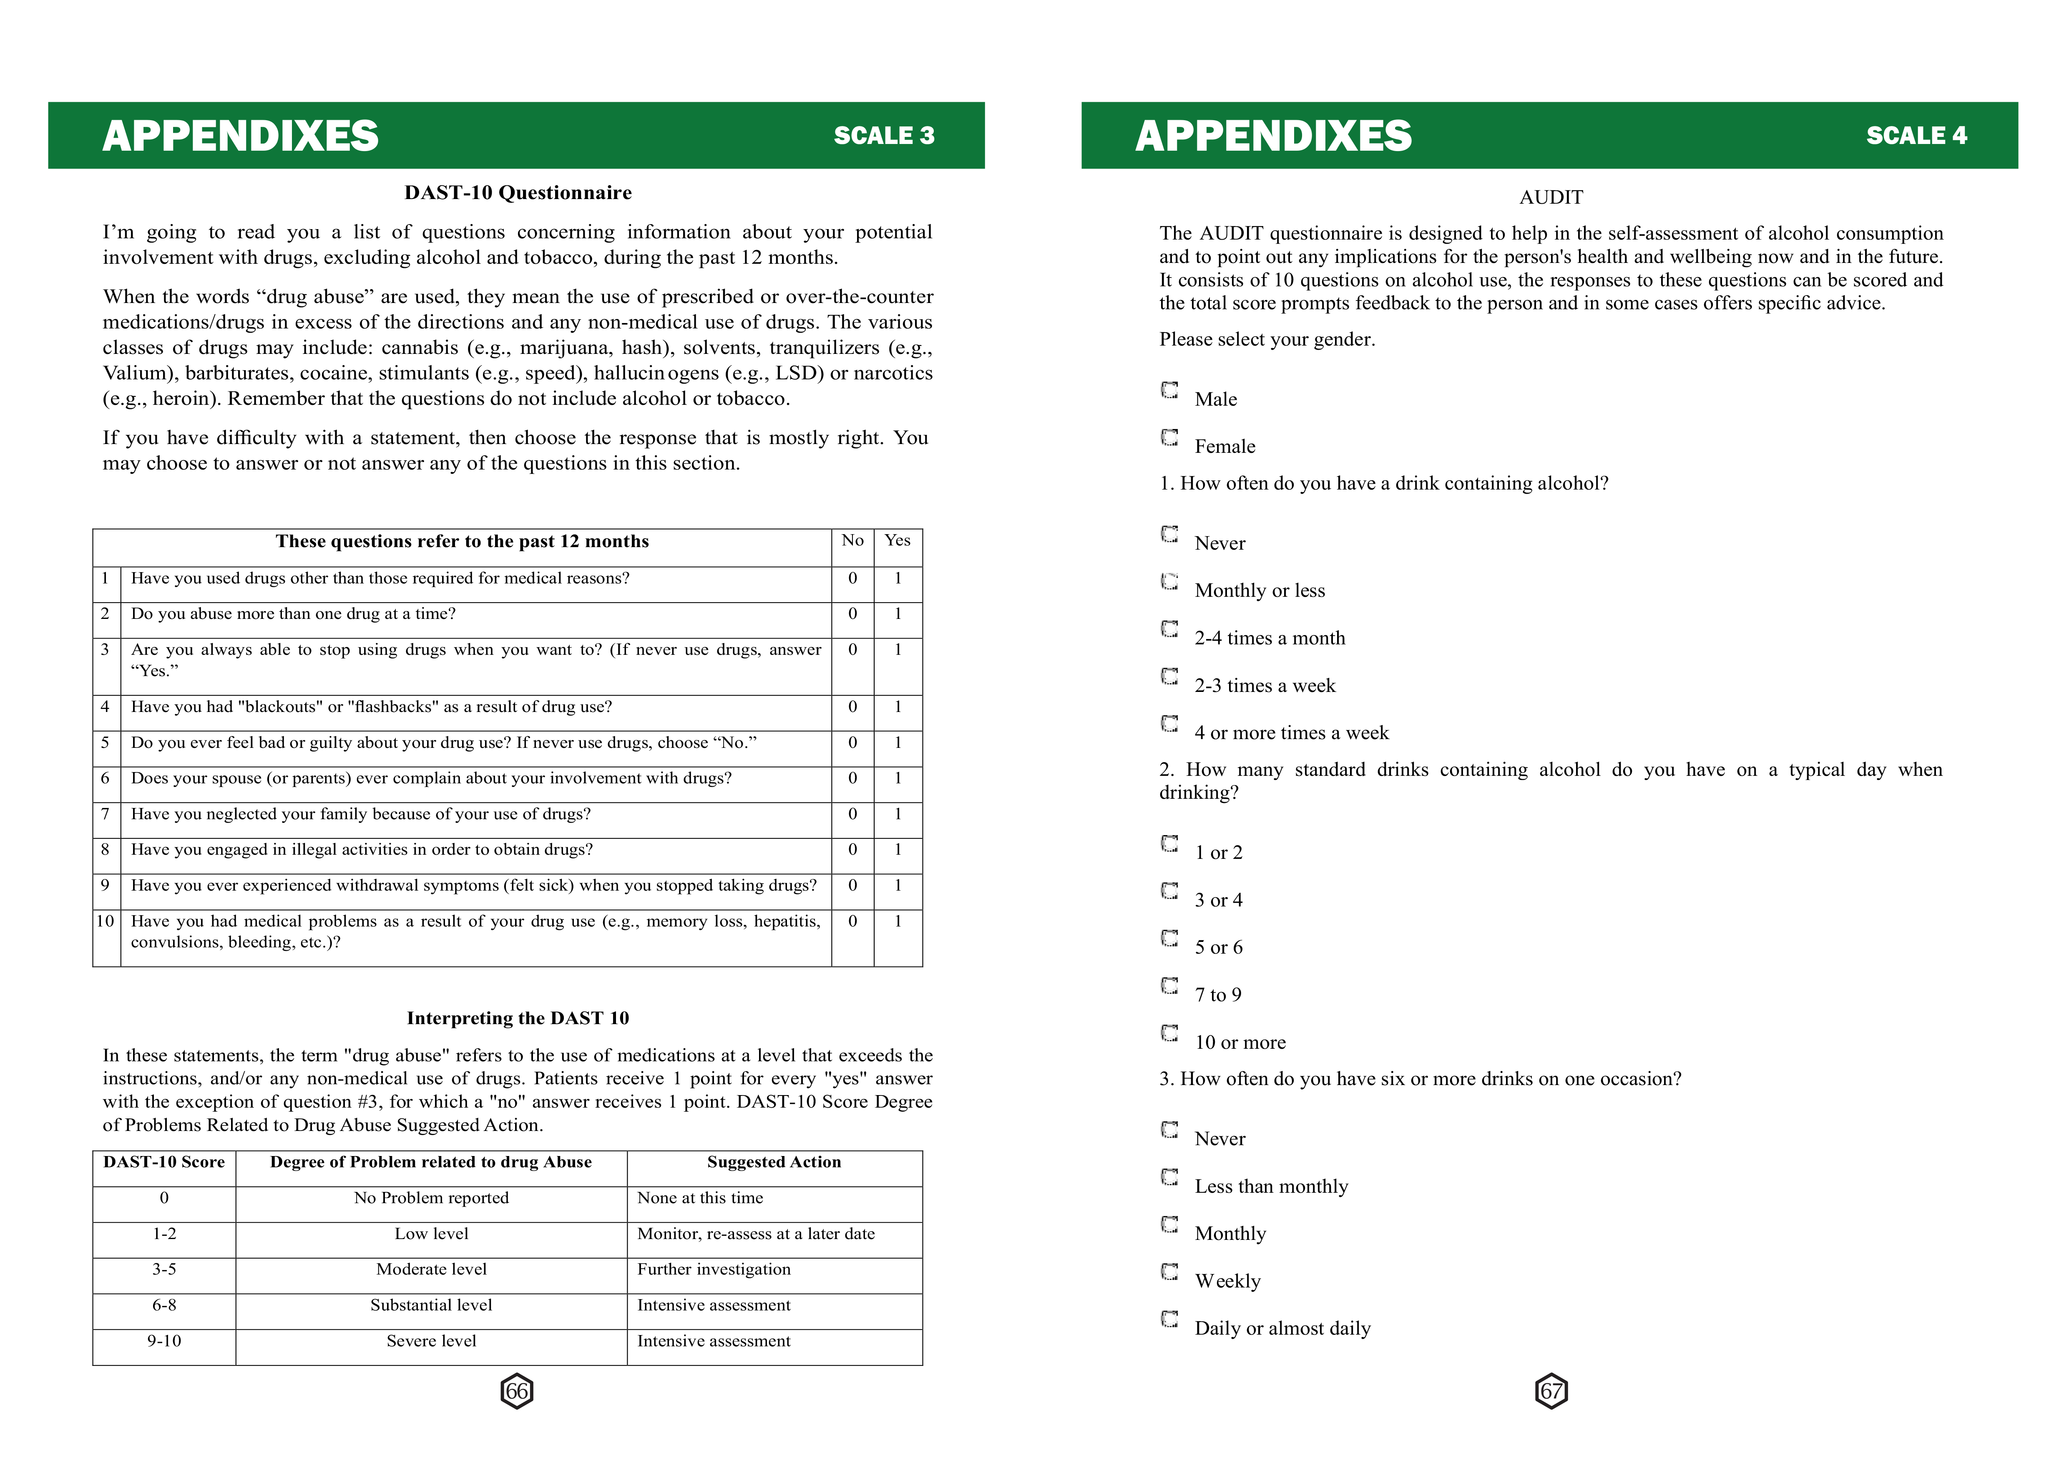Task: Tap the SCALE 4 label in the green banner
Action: (x=1916, y=136)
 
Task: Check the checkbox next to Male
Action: (x=1169, y=390)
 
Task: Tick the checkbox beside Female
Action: (x=1169, y=438)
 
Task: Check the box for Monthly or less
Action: (x=1169, y=582)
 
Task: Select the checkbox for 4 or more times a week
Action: (x=1169, y=724)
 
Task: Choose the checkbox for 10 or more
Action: (x=1169, y=1033)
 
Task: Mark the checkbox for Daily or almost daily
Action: (x=1169, y=1320)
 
